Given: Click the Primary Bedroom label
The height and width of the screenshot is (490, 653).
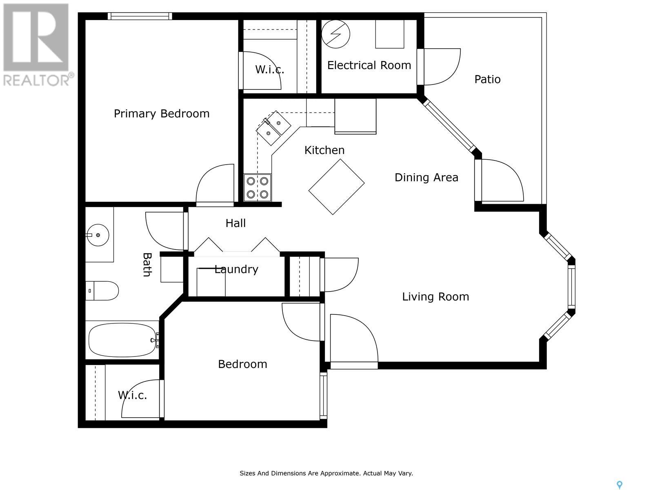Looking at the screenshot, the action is pos(162,114).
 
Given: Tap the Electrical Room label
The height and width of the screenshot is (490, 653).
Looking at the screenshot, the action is pos(369,65).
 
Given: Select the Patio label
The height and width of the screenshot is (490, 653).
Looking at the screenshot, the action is pos(487,79).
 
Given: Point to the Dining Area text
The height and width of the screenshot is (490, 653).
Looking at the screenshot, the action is pos(426,177).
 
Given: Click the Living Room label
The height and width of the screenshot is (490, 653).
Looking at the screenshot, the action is pos(435,296).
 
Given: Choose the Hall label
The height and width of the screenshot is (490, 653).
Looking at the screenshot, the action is pos(235,223).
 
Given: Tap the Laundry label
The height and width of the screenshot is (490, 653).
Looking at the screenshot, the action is pos(236,269).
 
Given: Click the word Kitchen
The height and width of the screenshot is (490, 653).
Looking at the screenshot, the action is pos(324,150).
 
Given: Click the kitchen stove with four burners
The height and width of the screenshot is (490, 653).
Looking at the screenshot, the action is pos(258,187).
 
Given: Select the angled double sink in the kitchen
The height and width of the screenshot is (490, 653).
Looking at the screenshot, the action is pos(273,128).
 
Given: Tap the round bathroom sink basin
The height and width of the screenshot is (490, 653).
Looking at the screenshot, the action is pos(98,235).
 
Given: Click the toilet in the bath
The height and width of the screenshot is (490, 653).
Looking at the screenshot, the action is pos(102,291).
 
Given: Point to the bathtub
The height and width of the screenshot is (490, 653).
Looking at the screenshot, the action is pos(122,340).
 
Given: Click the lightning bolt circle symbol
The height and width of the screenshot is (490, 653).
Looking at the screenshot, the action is pos(335,34).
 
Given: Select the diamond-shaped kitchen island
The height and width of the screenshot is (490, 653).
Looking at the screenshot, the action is pos(336,187).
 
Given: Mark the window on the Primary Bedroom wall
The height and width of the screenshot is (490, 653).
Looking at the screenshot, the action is pos(140,16).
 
